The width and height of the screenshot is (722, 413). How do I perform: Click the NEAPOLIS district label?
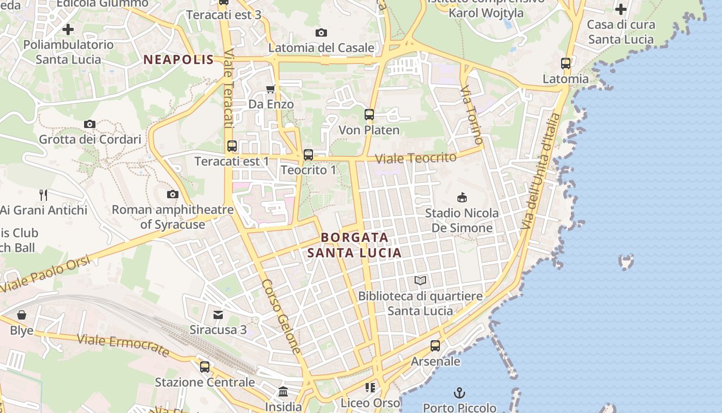coord(178,59)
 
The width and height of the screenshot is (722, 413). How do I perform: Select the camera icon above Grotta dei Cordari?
coord(90,124)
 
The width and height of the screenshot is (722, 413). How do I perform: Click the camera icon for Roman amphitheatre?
coord(173,195)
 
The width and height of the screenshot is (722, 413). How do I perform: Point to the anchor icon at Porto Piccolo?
coord(459,393)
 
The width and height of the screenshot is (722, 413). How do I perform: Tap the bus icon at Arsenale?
coord(435,346)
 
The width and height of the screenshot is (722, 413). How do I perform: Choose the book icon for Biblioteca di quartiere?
coord(420,281)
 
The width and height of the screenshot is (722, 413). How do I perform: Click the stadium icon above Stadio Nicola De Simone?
coord(462,197)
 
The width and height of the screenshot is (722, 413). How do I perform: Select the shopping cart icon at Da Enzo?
coord(270,89)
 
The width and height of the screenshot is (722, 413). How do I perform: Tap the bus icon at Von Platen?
coord(369,115)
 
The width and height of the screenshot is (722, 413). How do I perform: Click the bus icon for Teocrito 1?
coord(308,154)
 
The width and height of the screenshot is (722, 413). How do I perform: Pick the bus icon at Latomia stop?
coord(566,63)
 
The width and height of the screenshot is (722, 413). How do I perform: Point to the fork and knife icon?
coord(43,195)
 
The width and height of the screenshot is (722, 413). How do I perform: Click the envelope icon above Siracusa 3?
coord(218,314)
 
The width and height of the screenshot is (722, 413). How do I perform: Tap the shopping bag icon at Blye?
coord(22,315)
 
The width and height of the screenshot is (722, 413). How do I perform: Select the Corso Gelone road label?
coord(282,316)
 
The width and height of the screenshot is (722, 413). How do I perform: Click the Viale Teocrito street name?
coord(416,157)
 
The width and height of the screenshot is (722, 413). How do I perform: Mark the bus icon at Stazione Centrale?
coord(205,367)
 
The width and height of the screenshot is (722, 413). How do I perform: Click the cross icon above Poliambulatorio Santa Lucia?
coord(68,29)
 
